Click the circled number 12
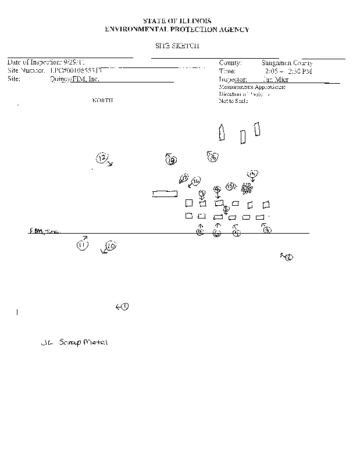pyautogui.click(x=102, y=158)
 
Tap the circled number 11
pyautogui.click(x=81, y=245)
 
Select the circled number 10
pyautogui.click(x=111, y=246)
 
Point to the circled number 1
pyautogui.click(x=125, y=306)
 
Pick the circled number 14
pyautogui.click(x=252, y=174)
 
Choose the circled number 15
pyautogui.click(x=230, y=185)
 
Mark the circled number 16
pyautogui.click(x=196, y=180)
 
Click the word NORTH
pyautogui.click(x=103, y=101)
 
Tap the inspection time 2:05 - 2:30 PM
pyautogui.click(x=288, y=71)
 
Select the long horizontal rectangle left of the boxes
pyautogui.click(x=165, y=194)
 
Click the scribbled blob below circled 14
pyautogui.click(x=247, y=187)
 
